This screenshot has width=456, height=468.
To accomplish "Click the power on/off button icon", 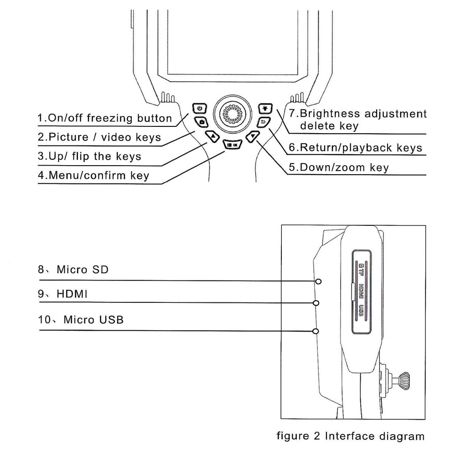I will pos(199,109).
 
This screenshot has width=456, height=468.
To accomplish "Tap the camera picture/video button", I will pos(202,122).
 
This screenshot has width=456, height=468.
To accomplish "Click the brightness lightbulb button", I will pos(265,108).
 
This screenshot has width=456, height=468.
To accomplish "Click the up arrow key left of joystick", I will pos(212,135).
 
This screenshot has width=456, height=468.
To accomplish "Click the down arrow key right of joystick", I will pos(253,136).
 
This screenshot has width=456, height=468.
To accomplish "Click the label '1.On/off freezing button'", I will pos(104,118).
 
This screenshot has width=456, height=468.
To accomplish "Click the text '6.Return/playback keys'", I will pos(356,148).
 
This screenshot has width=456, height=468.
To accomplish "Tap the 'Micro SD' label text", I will pos(82,269).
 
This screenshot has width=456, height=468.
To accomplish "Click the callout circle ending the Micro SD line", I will pos(319,281).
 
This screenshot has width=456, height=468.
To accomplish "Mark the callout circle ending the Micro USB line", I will pos(316,331).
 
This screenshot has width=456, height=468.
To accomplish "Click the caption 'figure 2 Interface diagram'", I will pos(351,436).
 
